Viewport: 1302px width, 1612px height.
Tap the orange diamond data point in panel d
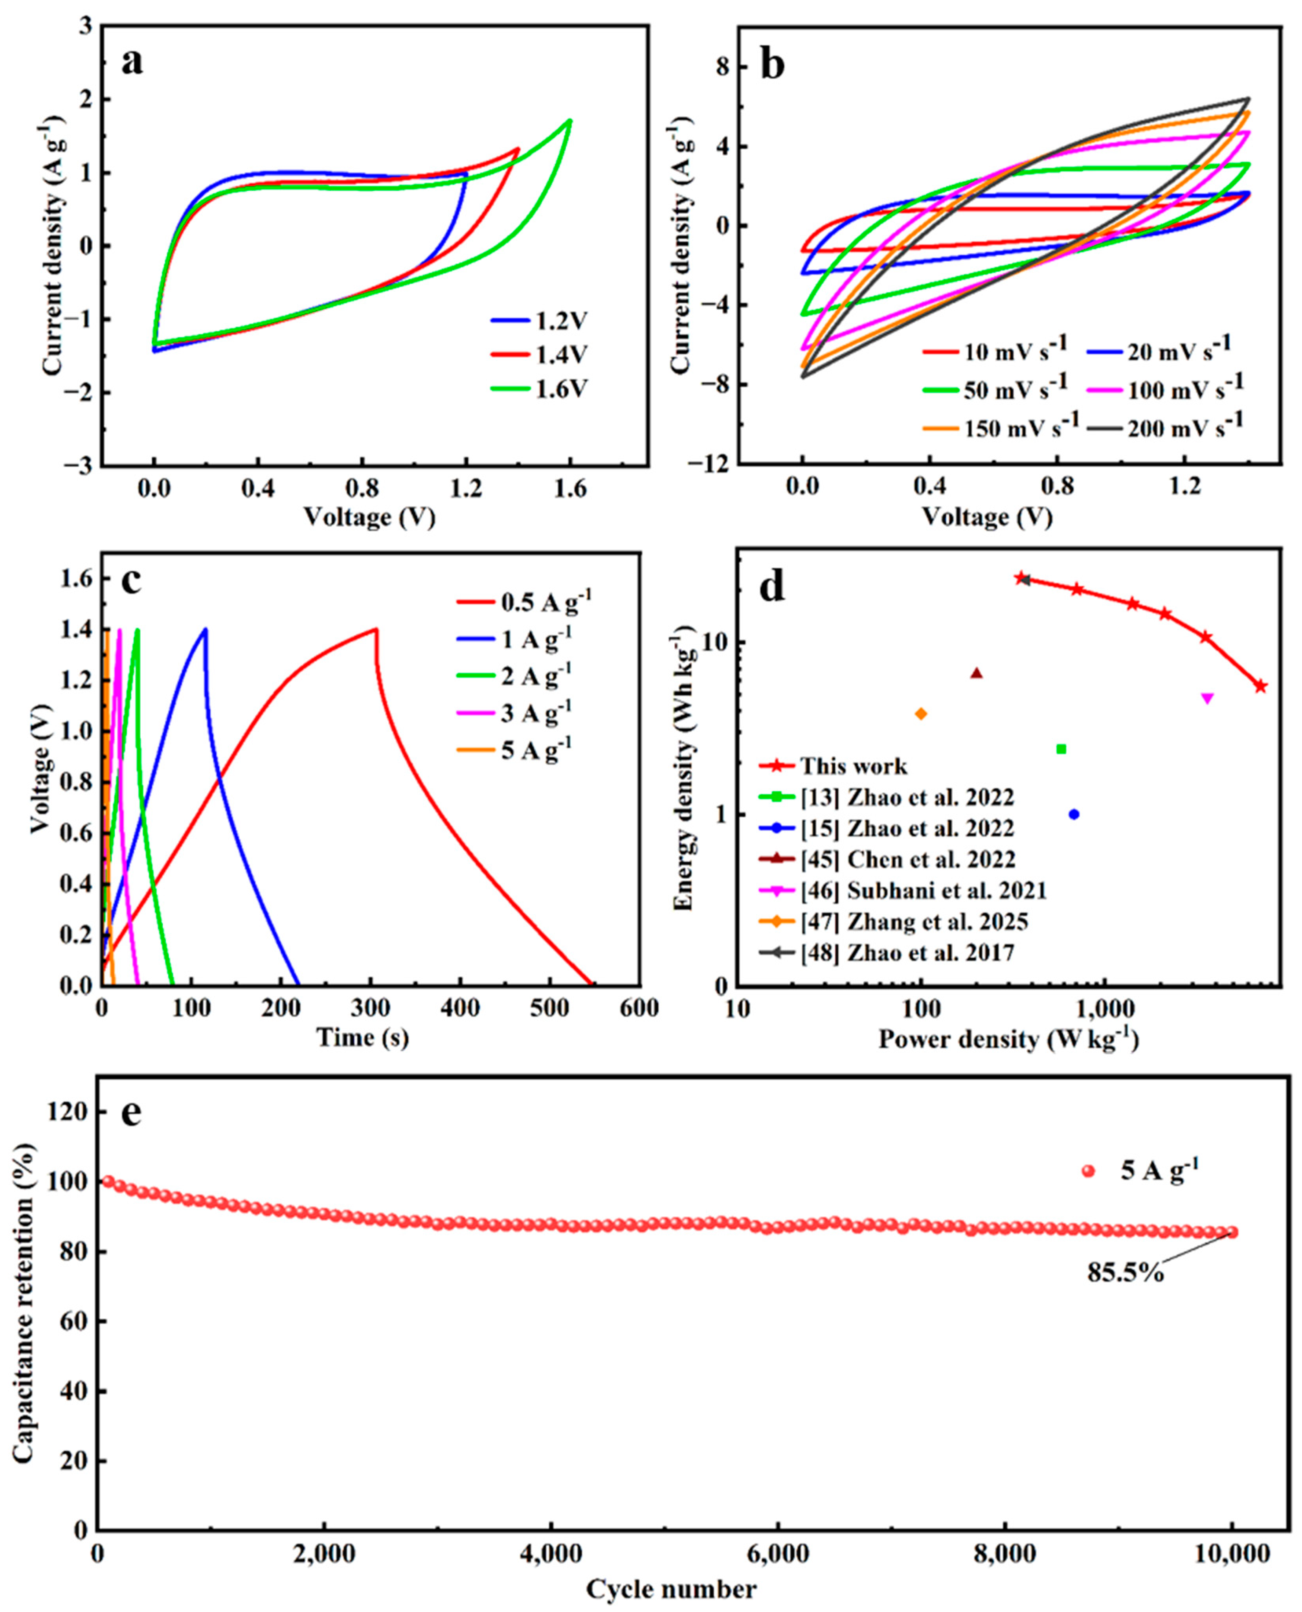click(x=921, y=714)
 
